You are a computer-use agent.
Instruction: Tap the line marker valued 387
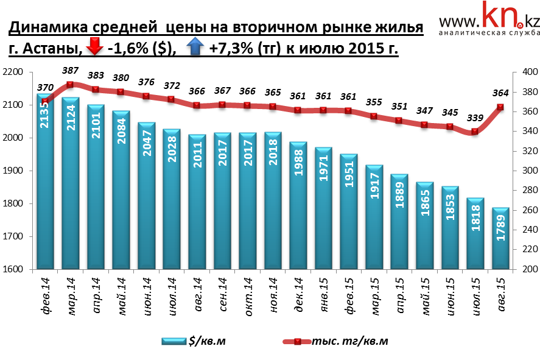pos(70,85)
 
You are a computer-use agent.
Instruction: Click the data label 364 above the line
pos(500,93)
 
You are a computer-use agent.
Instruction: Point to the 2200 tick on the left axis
pos(13,72)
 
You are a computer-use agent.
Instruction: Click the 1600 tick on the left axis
pos(13,269)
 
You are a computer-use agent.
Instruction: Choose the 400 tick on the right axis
pos(524,72)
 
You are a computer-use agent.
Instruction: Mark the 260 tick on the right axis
pos(524,210)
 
